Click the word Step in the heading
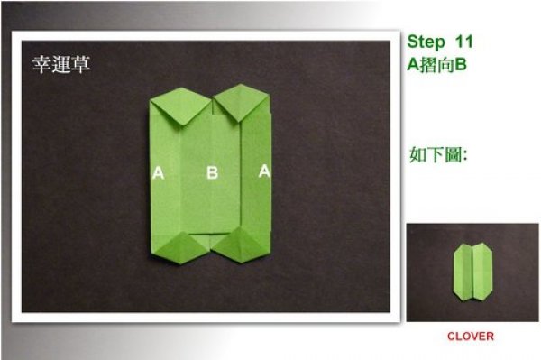point(426,42)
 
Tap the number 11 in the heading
point(464,42)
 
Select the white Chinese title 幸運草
point(61,64)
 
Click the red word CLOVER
point(471,337)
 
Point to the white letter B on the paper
point(212,172)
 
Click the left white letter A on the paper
point(158,172)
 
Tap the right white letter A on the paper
point(264,171)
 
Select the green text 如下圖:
point(438,154)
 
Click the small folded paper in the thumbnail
point(472,272)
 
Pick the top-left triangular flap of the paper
point(180,105)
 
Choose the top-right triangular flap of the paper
point(242,101)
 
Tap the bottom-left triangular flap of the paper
point(180,248)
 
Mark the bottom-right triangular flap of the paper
point(240,245)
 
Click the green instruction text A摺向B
point(436,64)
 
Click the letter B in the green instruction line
point(460,64)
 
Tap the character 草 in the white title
point(81,64)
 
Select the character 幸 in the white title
point(41,64)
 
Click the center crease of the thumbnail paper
point(472,272)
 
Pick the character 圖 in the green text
point(454,154)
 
